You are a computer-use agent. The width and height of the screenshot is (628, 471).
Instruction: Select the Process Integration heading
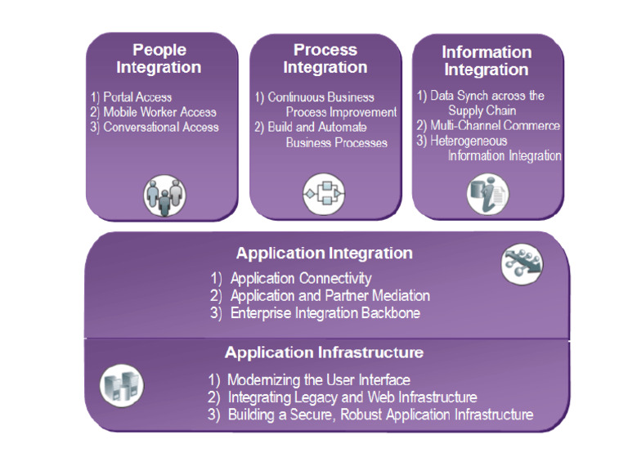coord(325,59)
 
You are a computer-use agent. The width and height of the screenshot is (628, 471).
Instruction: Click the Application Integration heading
coord(324,253)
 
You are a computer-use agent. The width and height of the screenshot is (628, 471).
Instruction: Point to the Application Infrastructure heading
coord(324,353)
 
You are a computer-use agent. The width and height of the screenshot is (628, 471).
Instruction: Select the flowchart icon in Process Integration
coord(324,194)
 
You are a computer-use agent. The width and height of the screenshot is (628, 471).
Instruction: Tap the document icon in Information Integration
coord(487,194)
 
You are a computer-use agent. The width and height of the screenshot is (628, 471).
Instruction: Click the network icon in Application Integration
coord(521,263)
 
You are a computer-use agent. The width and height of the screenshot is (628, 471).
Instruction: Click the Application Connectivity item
coord(300,279)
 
